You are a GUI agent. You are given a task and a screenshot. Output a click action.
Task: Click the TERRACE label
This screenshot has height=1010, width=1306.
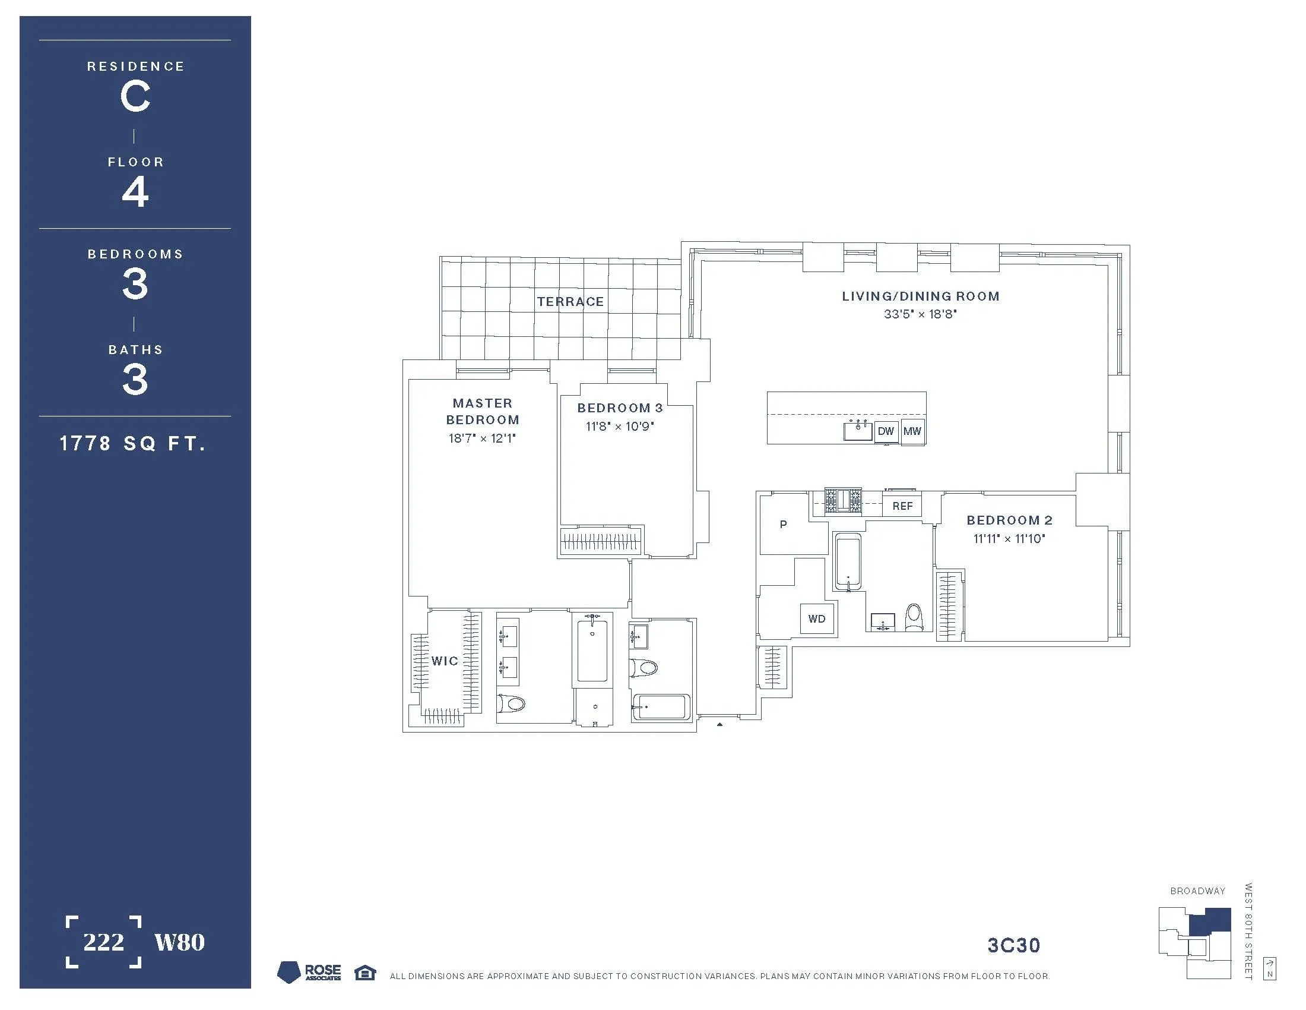point(570,302)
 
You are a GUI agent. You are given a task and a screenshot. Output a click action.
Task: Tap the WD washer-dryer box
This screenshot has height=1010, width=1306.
point(816,618)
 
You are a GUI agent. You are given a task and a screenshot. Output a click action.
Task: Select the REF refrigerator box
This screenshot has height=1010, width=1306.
point(902,506)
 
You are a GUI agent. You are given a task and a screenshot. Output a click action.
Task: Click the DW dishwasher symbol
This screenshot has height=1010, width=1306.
point(886,431)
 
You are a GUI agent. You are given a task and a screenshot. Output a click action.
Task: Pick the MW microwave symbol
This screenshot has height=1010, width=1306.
point(912,431)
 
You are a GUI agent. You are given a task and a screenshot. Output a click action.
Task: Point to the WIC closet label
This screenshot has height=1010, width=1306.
point(445,661)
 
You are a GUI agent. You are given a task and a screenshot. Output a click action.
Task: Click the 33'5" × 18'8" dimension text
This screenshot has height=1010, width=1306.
point(920,314)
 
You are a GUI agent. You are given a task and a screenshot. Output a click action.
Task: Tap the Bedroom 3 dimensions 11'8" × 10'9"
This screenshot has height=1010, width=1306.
point(620,427)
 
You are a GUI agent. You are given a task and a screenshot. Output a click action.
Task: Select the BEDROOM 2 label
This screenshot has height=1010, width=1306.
point(1009,520)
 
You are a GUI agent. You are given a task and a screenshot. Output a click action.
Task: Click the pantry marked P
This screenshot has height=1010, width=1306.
point(784,525)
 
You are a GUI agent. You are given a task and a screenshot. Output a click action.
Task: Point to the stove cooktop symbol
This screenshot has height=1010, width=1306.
point(843,500)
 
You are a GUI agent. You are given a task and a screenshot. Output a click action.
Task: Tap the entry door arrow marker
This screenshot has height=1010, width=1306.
point(719,725)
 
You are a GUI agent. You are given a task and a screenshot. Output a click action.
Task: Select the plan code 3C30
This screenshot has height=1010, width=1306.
point(1013,946)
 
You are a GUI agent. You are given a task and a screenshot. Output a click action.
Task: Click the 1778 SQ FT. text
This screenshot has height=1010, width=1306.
point(133,443)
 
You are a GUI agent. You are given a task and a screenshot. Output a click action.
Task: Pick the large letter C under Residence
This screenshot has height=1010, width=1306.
point(135,97)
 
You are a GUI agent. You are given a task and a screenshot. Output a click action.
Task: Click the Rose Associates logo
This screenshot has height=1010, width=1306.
point(310,973)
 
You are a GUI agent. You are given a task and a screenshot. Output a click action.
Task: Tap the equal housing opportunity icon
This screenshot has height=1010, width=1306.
point(364,973)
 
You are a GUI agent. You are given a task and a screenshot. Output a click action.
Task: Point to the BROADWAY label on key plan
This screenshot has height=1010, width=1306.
point(1197,891)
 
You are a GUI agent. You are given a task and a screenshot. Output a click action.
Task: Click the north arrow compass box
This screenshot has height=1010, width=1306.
point(1270,969)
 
